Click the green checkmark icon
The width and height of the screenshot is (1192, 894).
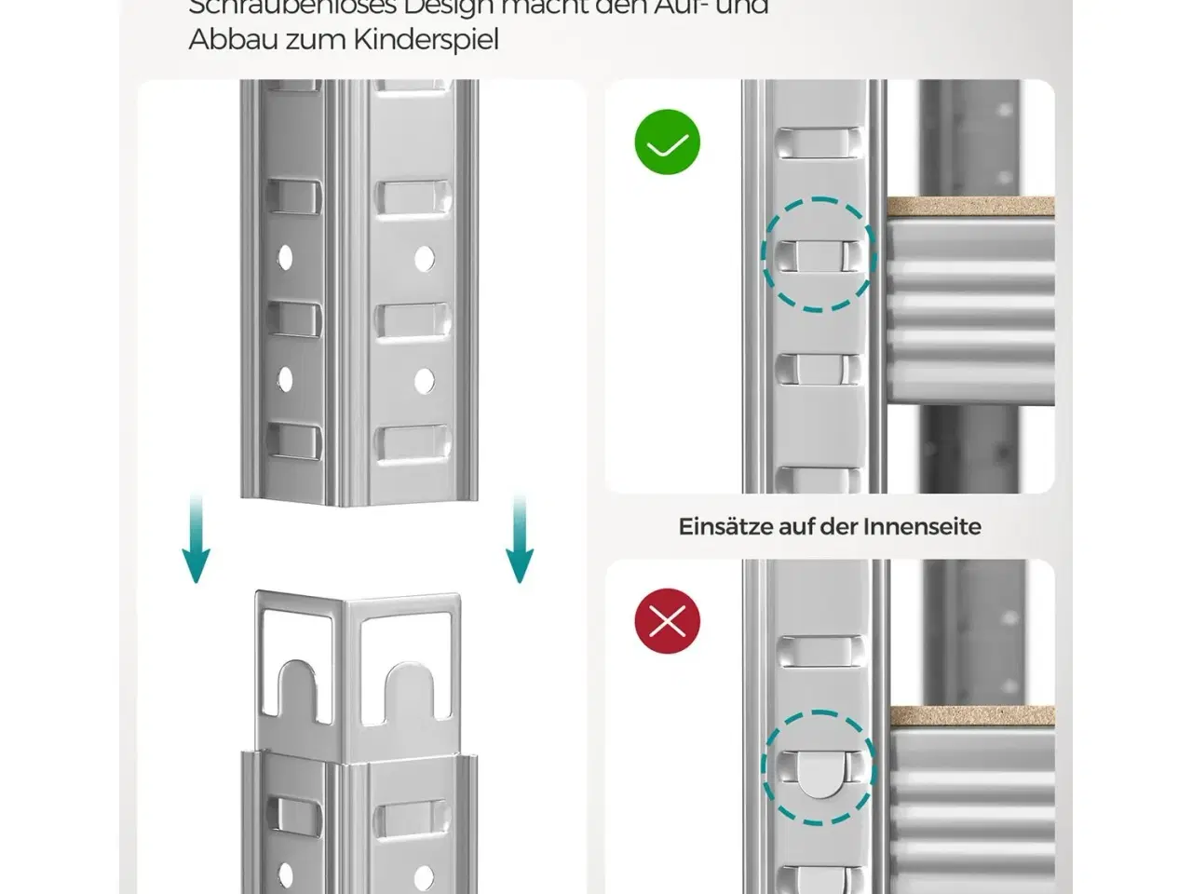pos(667,142)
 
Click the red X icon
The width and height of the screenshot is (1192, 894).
pos(667,621)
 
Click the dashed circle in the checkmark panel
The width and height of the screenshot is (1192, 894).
pos(819,254)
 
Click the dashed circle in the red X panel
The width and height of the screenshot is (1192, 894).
pos(819,768)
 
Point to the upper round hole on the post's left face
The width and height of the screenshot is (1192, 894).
pos(286,258)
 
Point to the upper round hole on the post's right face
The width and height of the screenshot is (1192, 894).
pos(425,258)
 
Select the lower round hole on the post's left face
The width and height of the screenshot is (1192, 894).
pos(286,379)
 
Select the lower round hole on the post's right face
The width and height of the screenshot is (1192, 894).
pos(425,380)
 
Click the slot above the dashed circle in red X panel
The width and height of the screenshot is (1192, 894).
pos(817,651)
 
